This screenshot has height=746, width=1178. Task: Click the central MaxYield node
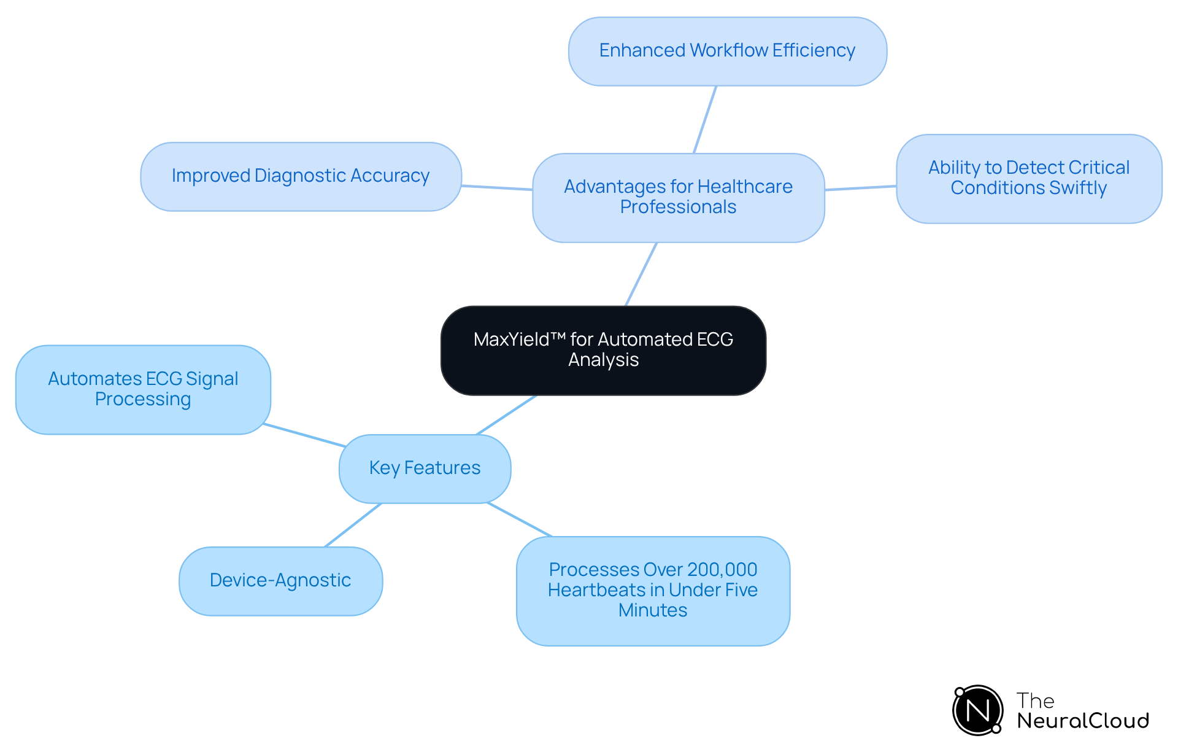coord(603,350)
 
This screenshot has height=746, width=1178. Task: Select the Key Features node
coord(425,468)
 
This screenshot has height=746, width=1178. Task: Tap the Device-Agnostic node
coord(280,581)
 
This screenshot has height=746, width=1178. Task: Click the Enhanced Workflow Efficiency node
coord(727,51)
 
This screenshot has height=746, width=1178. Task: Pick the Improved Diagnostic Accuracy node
coord(301,176)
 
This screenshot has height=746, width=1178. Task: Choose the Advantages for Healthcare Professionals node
coord(678,197)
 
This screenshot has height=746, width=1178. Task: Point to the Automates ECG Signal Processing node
coord(143,389)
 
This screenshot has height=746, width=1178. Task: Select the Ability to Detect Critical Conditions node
coord(1028,178)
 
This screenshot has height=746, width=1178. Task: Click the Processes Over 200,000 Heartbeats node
coord(653,590)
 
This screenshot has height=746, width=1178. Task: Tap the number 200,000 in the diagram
coord(722,570)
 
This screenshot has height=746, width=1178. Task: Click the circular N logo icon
coord(977,710)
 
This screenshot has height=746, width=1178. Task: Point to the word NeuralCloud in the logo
coord(1082,721)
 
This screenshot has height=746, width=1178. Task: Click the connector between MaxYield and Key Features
coord(506,415)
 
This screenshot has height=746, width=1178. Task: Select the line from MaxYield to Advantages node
coord(641,274)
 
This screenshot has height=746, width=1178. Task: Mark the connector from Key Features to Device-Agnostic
coord(353,525)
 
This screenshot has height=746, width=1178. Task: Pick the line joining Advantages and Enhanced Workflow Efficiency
coord(705,119)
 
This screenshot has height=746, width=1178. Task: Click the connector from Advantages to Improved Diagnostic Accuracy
coord(497,187)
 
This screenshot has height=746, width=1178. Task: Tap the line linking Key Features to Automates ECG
coord(304,435)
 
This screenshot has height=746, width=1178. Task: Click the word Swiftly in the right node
coord(1078,188)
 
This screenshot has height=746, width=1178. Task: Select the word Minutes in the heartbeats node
coord(653,610)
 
